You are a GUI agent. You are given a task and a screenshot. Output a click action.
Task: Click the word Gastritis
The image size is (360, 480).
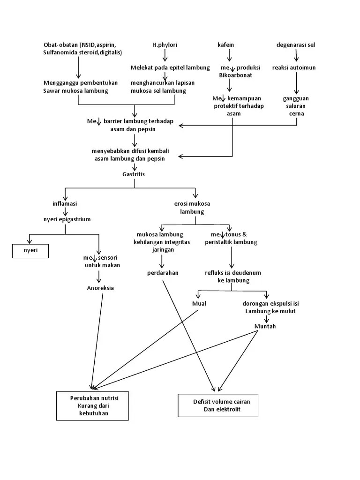tap(134, 174)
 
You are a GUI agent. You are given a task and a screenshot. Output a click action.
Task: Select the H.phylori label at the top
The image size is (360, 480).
tap(165, 45)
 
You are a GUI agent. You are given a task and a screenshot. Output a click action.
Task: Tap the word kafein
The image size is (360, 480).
tap(225, 45)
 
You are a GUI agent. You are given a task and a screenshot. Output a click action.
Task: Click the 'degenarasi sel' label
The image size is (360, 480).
tap(296, 45)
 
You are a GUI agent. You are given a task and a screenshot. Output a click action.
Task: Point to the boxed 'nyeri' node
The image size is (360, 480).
tap(31, 251)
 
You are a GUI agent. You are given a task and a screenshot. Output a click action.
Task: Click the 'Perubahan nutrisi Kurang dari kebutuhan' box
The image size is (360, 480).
tap(92, 405)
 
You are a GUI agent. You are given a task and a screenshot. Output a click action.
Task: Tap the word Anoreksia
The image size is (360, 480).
tap(100, 288)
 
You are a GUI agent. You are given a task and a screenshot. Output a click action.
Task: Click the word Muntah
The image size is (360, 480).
tap(265, 326)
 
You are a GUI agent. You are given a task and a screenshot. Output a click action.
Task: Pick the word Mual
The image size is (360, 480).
tap(199, 303)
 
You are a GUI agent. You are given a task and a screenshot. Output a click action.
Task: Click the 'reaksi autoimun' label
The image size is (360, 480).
tap(294, 67)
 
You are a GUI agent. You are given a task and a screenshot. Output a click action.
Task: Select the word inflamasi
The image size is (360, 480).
tap(65, 204)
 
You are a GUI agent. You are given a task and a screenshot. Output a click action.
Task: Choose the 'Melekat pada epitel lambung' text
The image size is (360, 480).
tap(170, 67)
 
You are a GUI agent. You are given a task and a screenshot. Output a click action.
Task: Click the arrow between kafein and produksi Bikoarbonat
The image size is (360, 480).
tap(229, 55)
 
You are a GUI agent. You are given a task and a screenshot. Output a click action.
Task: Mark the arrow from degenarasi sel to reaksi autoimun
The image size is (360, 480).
tap(296, 55)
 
